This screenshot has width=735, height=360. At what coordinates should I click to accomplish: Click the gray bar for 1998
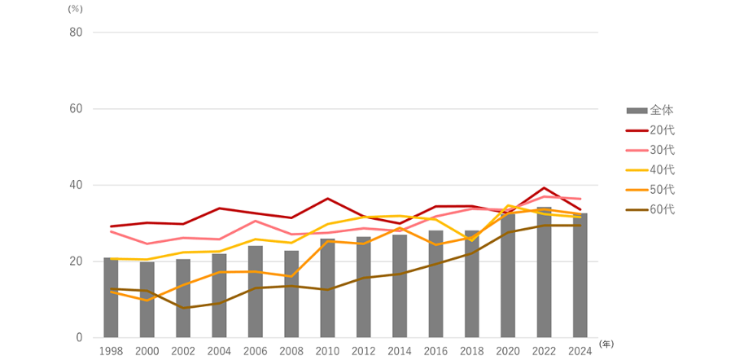coord(111,298)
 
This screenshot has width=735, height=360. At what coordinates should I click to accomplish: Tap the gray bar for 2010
coord(327,288)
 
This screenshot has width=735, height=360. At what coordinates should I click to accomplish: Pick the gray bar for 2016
coord(435,284)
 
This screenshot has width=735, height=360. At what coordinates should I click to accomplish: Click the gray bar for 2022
coord(544,273)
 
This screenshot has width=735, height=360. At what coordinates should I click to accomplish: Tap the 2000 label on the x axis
coord(147,350)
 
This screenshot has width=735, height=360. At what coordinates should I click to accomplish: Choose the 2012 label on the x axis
coord(363,350)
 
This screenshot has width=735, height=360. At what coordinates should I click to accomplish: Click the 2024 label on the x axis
coord(580,350)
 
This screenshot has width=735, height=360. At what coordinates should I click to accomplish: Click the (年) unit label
coord(606,345)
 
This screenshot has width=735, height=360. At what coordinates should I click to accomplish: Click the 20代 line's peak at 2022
coord(544,188)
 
